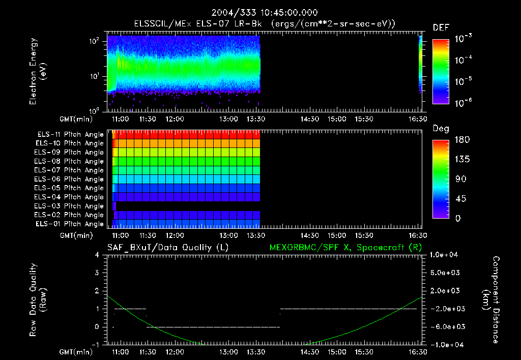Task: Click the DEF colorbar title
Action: pos(441,28)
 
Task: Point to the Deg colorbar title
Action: pos(441,129)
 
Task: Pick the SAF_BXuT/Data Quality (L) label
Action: pos(167,248)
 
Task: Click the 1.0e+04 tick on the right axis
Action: pos(446,255)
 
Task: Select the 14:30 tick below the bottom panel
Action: pos(309,352)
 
